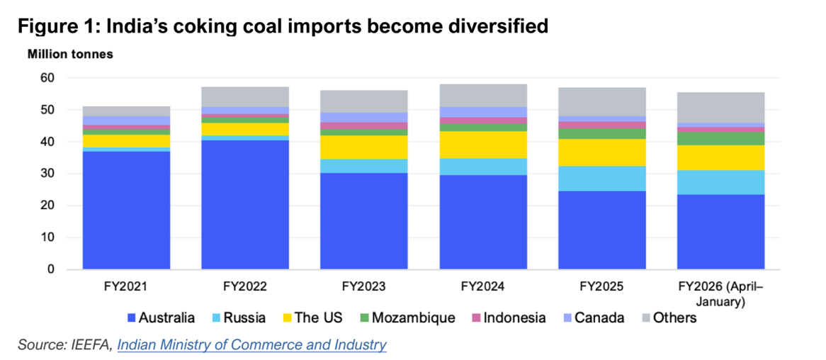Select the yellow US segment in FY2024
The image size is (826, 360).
(483, 145)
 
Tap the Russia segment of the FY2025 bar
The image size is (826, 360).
(602, 178)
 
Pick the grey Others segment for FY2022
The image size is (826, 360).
(245, 96)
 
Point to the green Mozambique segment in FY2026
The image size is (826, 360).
(721, 138)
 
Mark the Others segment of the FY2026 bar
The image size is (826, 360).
(721, 107)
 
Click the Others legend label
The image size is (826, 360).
(674, 317)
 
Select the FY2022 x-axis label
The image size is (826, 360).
(245, 287)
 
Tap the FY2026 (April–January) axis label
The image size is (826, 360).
(721, 293)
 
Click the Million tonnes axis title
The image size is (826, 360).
(70, 54)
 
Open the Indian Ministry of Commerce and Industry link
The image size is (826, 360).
(251, 345)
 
